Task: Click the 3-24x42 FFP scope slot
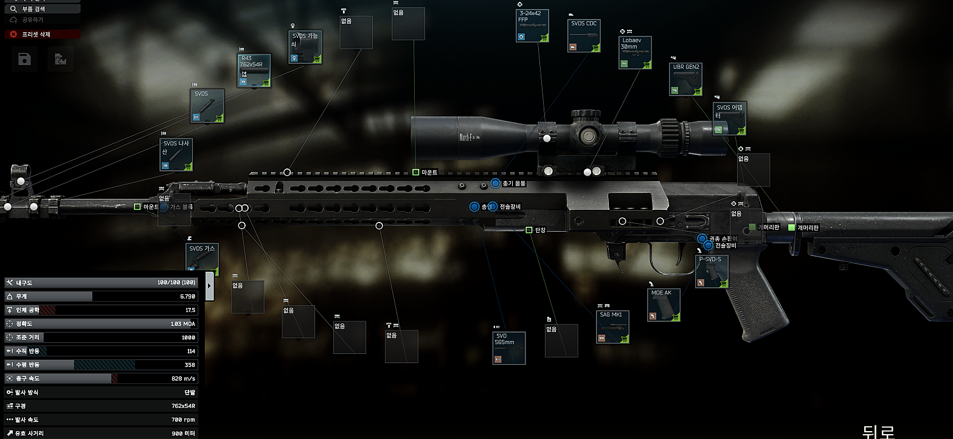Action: click(532, 26)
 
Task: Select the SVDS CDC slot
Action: click(584, 36)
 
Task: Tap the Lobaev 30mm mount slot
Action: click(636, 53)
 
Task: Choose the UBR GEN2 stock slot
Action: click(687, 79)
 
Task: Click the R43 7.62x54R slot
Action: click(254, 71)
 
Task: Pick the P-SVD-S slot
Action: click(712, 271)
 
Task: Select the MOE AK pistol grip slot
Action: click(664, 305)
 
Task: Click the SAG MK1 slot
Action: click(612, 327)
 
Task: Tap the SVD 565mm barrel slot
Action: click(509, 348)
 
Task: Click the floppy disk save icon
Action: click(24, 59)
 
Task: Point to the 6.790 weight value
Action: click(187, 296)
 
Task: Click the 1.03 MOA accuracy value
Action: click(182, 323)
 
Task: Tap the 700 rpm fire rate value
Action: click(184, 420)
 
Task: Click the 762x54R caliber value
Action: click(183, 406)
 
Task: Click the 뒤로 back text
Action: click(879, 431)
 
